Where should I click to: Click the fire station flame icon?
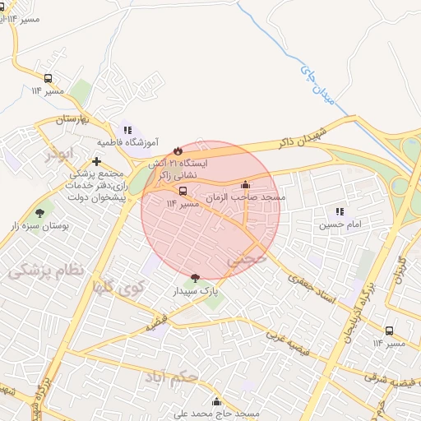(176, 150)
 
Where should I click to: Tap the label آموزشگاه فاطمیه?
(128, 142)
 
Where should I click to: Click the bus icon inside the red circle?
(183, 191)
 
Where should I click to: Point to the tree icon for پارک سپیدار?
(194, 278)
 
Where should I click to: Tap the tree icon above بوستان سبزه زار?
(40, 213)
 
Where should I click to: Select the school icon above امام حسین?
(340, 211)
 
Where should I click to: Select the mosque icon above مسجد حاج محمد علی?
(216, 401)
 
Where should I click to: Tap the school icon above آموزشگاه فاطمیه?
(127, 130)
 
